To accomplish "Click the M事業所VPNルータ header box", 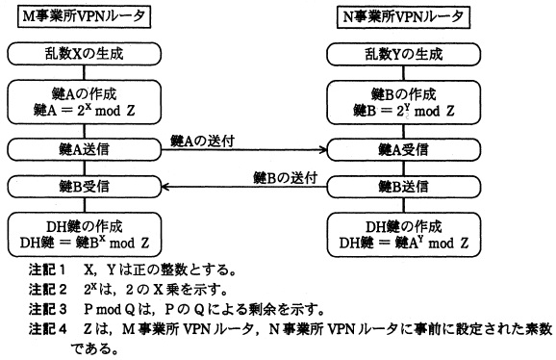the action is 85,16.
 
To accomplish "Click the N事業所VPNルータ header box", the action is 403,16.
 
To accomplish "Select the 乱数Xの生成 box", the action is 85,54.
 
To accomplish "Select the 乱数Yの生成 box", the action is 403,54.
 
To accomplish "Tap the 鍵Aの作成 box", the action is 85,102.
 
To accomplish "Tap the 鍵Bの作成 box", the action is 403,102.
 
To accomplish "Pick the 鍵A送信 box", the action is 85,149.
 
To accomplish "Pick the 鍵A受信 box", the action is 403,149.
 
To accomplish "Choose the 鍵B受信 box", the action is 85,187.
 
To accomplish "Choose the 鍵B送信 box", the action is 403,187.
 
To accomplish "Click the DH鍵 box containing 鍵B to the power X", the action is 85,235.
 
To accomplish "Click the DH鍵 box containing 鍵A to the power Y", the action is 403,235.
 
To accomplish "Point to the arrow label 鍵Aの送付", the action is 202,141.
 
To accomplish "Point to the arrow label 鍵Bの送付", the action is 285,177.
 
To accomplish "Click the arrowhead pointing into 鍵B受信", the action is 164,187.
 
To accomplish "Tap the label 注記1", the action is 47,270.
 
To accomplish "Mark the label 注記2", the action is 47,290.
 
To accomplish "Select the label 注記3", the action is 47,309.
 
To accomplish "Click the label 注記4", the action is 47,329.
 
